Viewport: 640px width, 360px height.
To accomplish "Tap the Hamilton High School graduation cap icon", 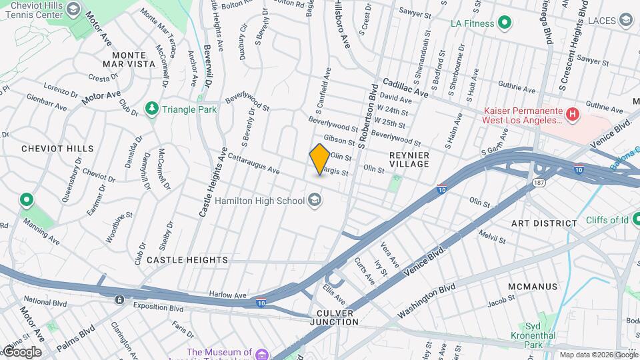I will [314, 199].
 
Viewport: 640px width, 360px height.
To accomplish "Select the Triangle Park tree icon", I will [153, 109].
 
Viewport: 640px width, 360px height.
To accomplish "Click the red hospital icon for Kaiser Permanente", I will [572, 115].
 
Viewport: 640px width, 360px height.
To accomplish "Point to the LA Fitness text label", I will [472, 23].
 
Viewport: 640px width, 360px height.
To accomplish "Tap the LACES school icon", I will [625, 21].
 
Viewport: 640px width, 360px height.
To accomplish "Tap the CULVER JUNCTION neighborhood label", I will [335, 317].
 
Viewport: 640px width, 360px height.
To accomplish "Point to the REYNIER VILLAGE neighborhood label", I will [409, 159].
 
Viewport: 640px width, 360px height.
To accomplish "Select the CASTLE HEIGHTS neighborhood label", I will [187, 259].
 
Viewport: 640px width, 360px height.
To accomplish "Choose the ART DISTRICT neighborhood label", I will [544, 223].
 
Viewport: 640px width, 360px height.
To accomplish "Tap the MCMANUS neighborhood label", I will [531, 287].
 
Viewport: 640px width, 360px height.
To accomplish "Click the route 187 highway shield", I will [538, 181].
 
